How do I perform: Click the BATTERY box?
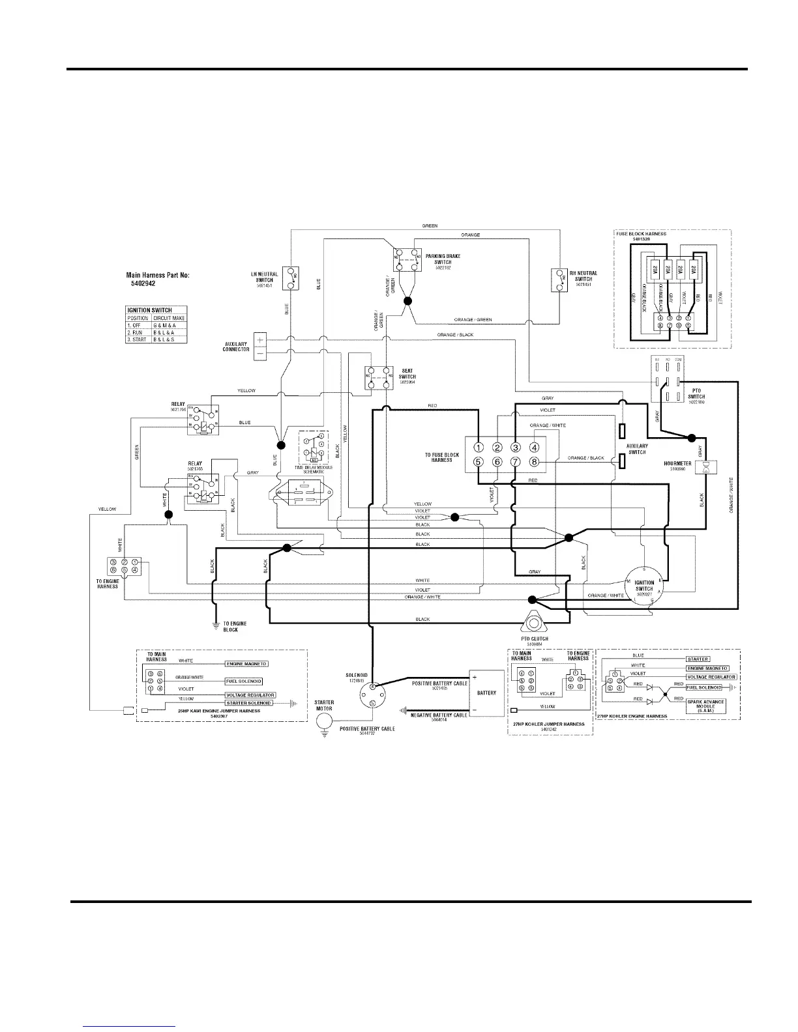486,693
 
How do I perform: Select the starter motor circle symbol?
324,721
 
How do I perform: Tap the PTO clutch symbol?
533,623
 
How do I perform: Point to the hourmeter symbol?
705,467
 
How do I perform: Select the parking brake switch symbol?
407,259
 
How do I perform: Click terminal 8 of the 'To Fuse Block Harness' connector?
535,462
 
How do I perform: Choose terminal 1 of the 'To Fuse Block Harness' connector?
478,447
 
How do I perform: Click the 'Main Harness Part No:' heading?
157,276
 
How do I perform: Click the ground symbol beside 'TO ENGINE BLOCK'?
215,626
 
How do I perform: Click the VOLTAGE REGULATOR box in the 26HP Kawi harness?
250,695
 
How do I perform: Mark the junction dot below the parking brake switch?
408,302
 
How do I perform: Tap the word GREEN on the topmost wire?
430,226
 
